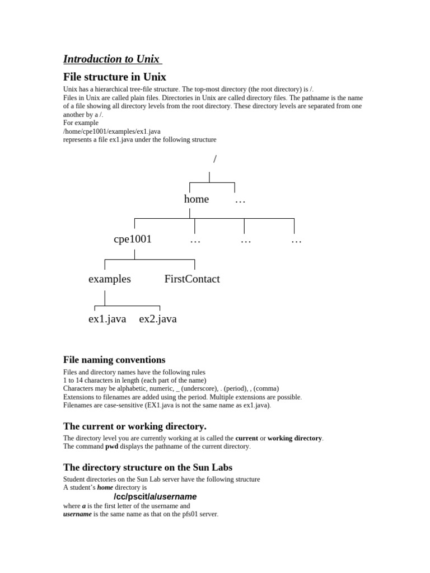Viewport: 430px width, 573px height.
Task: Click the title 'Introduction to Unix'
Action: click(x=111, y=59)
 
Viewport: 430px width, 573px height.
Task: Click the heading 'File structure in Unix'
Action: click(x=114, y=77)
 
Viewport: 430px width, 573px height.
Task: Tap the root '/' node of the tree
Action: click(x=214, y=159)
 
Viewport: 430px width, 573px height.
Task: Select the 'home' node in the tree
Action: click(x=196, y=199)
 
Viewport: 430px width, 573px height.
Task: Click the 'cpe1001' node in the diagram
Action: click(x=133, y=239)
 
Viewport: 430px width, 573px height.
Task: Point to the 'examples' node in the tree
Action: click(x=110, y=279)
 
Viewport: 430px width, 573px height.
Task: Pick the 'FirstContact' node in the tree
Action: click(x=192, y=279)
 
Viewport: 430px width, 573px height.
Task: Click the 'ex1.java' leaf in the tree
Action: click(x=107, y=320)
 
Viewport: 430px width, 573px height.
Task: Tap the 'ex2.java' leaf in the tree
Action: click(x=158, y=320)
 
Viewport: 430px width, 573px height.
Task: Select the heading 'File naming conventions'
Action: click(x=114, y=360)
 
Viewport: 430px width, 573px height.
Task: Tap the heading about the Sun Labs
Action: click(x=148, y=467)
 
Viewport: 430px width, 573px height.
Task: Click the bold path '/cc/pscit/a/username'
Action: click(x=155, y=497)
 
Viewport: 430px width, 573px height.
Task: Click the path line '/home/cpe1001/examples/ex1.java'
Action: click(x=112, y=131)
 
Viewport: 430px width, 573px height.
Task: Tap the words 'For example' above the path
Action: click(x=81, y=123)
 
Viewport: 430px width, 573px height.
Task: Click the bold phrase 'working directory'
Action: click(x=295, y=438)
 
